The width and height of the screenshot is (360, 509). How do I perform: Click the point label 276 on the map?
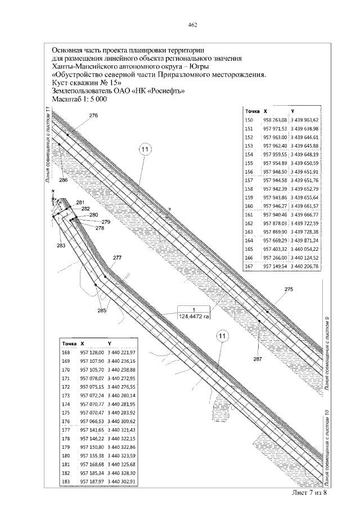[x=93, y=115]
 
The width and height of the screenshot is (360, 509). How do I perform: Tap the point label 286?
[x=63, y=180]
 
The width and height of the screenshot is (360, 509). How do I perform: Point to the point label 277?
[x=117, y=258]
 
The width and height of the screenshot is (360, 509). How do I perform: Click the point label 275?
[x=289, y=289]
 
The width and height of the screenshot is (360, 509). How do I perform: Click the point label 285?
[x=102, y=310]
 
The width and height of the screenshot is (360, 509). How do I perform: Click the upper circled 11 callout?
[x=145, y=150]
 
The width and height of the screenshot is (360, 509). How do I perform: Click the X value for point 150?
[x=276, y=120]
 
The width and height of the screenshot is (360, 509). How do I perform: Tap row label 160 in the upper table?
[x=250, y=207]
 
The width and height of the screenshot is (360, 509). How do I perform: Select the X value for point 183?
[x=92, y=482]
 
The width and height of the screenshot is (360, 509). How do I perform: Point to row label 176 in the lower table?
[x=66, y=421]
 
